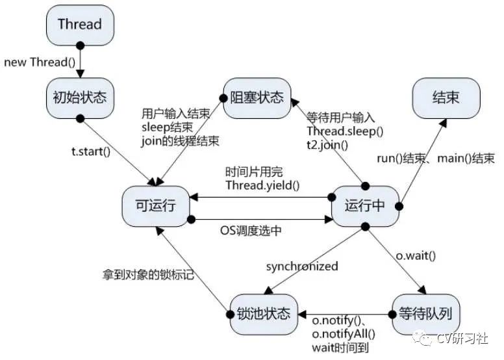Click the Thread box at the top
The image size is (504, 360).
pyautogui.click(x=79, y=25)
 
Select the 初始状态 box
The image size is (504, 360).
pyautogui.click(x=79, y=97)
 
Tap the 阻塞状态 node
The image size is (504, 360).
pyautogui.click(x=257, y=98)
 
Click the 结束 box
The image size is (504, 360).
pyautogui.click(x=446, y=98)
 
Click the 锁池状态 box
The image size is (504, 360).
pyautogui.click(x=263, y=315)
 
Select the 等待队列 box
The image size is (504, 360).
pyautogui.click(x=425, y=315)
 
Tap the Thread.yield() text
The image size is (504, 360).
pyautogui.click(x=262, y=185)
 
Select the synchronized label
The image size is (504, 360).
pyautogui.click(x=302, y=266)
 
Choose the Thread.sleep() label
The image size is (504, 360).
pyautogui.click(x=345, y=132)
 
